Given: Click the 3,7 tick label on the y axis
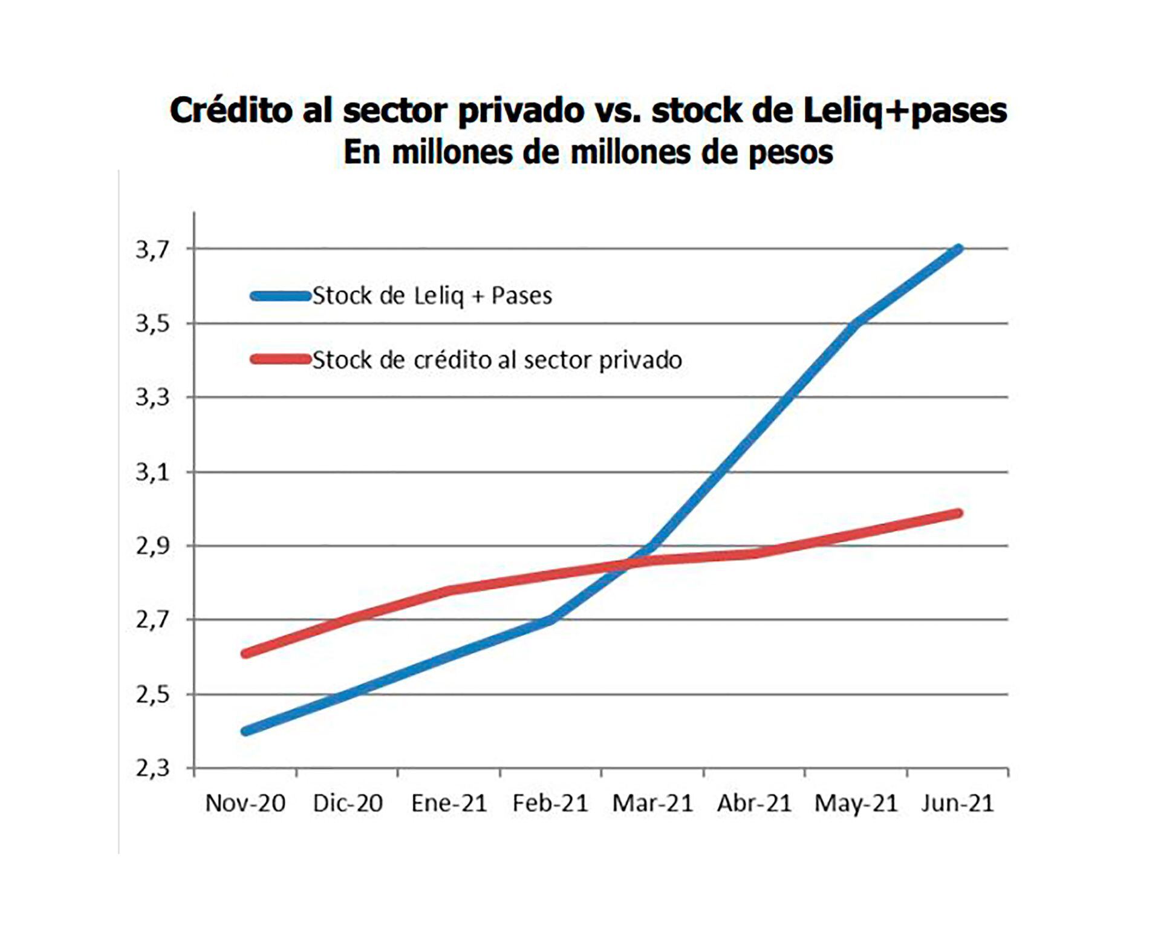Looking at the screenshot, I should point(152,249).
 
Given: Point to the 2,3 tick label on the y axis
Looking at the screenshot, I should point(152,769).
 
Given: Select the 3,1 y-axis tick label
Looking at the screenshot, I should point(152,472).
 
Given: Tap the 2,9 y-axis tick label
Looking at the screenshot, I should point(152,546).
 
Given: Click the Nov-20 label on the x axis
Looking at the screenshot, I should point(245,803).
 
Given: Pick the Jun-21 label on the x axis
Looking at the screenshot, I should point(957,803).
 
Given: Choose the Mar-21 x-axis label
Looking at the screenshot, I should point(652,803).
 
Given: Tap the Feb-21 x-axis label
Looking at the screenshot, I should point(550,803).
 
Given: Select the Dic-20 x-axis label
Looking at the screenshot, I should point(348,803).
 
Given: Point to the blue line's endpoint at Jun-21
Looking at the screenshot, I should point(958,249).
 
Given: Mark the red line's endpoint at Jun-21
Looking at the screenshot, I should point(958,514).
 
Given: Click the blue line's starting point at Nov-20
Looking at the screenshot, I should point(245,731).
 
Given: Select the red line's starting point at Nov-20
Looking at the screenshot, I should point(245,654).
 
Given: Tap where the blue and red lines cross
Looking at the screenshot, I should point(629,564).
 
